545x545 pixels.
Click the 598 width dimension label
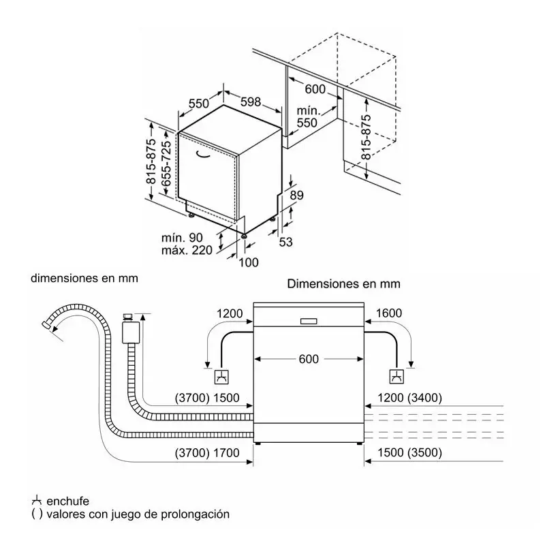pos(251,102)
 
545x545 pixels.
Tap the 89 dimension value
pos(296,195)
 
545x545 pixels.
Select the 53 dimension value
pos(285,242)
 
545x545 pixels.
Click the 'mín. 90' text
pos(182,238)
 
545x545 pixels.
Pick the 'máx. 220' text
pos(187,250)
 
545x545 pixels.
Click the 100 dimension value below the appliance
pos(249,262)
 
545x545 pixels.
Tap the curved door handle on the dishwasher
pos(202,155)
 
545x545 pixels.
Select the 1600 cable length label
pos(388,313)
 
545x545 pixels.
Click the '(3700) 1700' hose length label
pos(207,453)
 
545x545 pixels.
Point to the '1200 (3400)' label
pos(410,398)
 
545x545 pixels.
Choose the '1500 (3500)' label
pos(410,452)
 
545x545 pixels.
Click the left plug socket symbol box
pos(221,377)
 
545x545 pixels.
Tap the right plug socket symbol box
pos(396,377)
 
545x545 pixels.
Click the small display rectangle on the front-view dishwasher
pos(309,321)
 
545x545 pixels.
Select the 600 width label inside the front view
pos(309,359)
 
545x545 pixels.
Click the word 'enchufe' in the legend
pos(67,501)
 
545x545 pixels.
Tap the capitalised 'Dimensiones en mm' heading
pos(344,283)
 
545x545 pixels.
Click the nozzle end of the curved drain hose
pos(46,325)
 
